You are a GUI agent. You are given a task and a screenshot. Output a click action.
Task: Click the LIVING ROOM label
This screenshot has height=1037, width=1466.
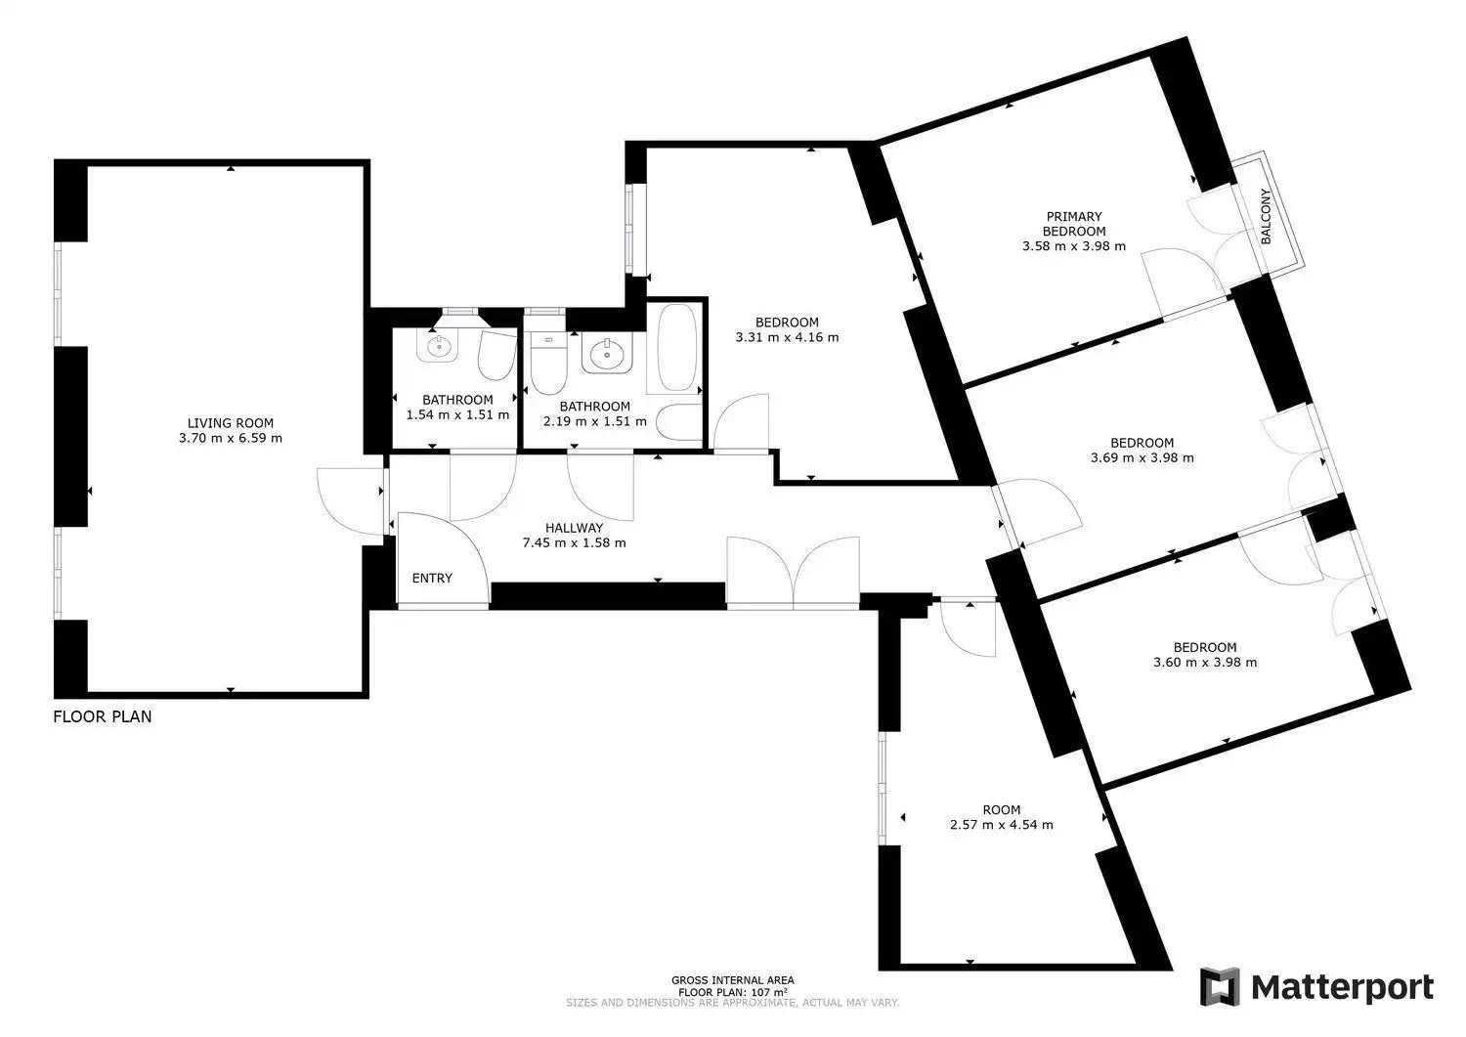[231, 423]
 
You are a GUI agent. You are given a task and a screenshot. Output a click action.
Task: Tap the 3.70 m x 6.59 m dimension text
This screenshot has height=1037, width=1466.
[231, 439]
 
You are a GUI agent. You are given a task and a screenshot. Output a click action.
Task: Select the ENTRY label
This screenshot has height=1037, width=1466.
[432, 578]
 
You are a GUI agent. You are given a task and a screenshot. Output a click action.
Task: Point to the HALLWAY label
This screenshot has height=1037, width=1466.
[574, 528]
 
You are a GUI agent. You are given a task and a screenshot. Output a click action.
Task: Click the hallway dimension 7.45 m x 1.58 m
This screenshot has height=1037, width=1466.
[574, 542]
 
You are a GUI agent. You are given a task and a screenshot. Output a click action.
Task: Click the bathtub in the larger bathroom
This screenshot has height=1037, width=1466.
[676, 348]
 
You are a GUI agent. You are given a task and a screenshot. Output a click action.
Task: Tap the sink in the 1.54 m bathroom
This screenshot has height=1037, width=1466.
[437, 346]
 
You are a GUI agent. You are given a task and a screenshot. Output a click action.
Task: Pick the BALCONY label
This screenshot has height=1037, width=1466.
[1266, 217]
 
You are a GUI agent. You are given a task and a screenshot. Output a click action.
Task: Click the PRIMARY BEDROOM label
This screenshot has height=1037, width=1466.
[1074, 224]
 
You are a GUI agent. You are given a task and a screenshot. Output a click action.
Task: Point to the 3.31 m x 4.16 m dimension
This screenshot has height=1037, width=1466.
[787, 338]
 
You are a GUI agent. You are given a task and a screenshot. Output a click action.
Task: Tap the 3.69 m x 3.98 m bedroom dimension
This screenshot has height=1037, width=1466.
[1143, 458]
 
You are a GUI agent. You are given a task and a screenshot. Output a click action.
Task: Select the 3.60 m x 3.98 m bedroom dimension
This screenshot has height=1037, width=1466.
[1205, 663]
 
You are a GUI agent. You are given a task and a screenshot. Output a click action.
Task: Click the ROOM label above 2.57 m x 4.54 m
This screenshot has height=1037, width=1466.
[1002, 810]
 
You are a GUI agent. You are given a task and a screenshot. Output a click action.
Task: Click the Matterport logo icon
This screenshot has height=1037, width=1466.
[1220, 986]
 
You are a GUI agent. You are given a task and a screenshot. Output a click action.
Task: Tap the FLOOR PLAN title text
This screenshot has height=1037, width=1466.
[102, 716]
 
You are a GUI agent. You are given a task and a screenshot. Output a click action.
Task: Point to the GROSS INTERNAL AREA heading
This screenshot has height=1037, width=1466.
[732, 980]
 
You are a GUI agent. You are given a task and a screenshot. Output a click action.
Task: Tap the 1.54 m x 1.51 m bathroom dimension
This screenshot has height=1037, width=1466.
[457, 415]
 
